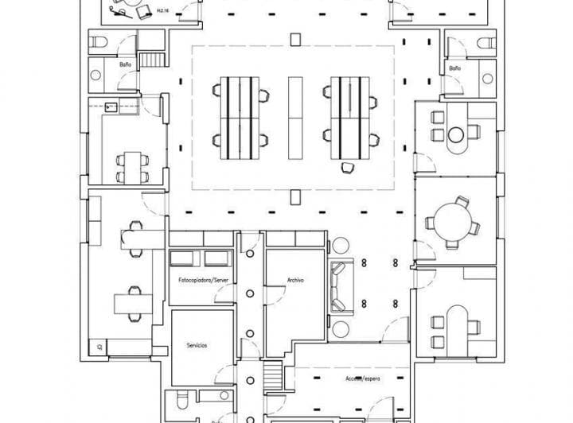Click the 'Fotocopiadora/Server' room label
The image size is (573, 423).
(202, 281)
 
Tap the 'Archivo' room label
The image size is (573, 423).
(296, 281)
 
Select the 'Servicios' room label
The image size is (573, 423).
(197, 346)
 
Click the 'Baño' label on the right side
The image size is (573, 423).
(454, 69)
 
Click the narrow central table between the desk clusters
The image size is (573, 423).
(295, 115)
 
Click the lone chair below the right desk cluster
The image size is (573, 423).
(347, 166)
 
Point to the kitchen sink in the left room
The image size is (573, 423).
(110, 106)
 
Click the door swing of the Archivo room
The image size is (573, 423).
(274, 296)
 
